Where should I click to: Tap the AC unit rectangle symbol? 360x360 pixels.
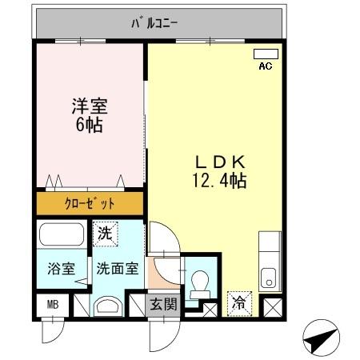click(x=265, y=54)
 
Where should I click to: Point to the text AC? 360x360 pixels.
click(x=265, y=66)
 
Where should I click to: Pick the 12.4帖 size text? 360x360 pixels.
click(x=216, y=181)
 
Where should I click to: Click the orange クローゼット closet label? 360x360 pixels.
click(x=89, y=203)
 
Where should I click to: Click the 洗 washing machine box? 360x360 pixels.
click(x=105, y=234)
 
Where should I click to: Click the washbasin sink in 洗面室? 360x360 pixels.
click(x=106, y=305)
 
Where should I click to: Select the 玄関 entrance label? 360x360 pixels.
click(x=165, y=304)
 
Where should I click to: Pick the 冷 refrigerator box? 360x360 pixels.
click(x=239, y=304)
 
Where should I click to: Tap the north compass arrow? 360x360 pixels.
click(x=322, y=340)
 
